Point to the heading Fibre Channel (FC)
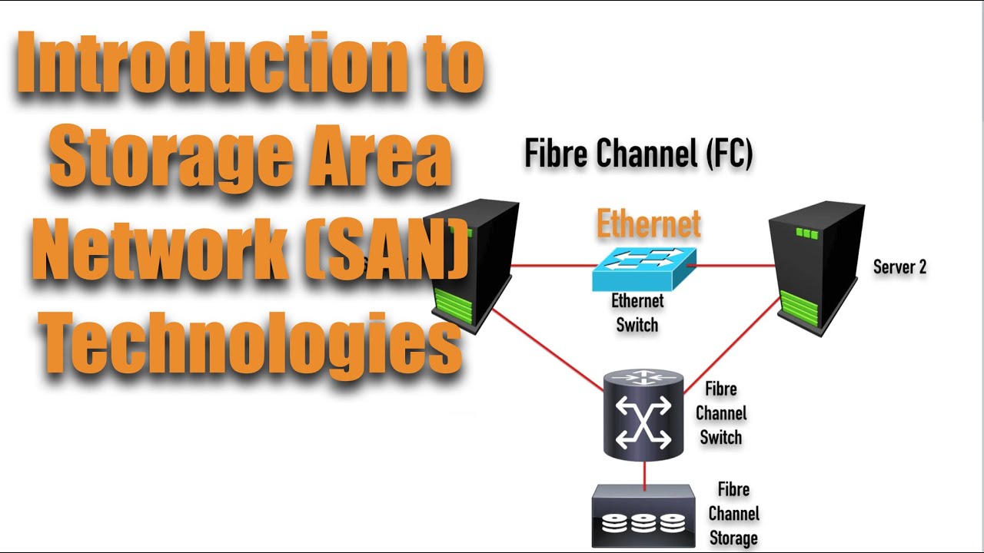click(x=638, y=154)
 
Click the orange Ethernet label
click(x=649, y=224)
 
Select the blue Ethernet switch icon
click(x=644, y=268)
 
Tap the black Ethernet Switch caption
click(x=637, y=313)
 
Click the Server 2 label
click(x=899, y=267)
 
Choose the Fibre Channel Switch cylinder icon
click(x=643, y=415)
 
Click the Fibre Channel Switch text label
click(x=720, y=413)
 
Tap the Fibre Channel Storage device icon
click(x=643, y=517)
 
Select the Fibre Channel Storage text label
click(x=733, y=514)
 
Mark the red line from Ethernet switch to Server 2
click(x=734, y=266)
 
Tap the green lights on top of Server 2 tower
click(x=806, y=233)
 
